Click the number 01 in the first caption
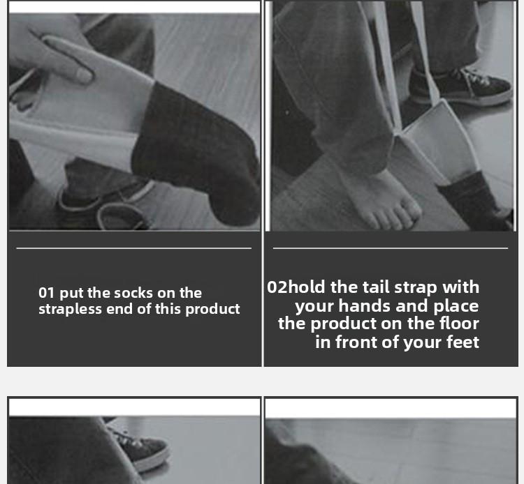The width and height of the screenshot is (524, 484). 47,293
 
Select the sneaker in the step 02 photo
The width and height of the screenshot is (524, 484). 461,87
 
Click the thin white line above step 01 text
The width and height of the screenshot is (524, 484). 133,248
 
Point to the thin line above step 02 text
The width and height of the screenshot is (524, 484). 390,248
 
